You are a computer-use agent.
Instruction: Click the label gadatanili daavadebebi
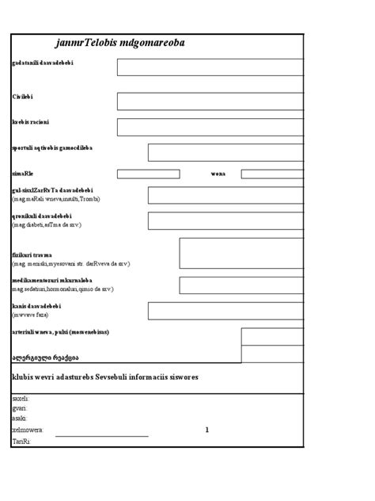pos(43,63)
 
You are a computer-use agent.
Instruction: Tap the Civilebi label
pos(23,96)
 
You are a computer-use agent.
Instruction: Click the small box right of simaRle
pos(148,174)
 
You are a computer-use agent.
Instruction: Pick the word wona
pos(218,173)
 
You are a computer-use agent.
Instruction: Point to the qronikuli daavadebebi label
pos(43,216)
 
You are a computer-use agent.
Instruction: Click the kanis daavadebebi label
pos(37,306)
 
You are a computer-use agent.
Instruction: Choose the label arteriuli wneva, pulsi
pos(60,331)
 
